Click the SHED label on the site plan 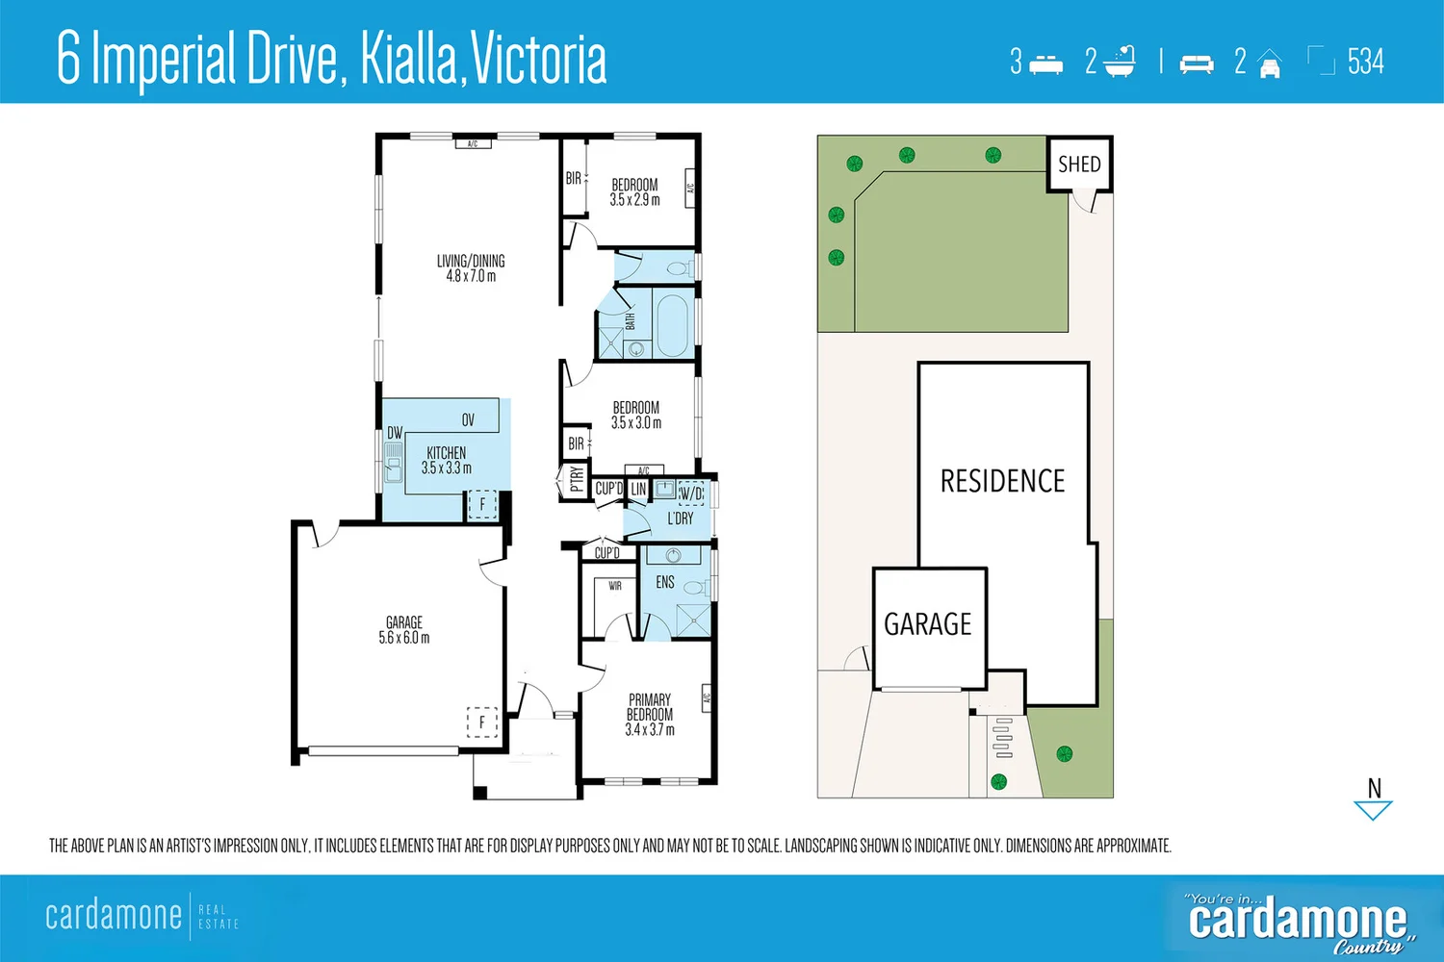pyautogui.click(x=1079, y=165)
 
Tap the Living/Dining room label pyautogui.click(x=471, y=268)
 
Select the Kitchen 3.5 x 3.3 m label pyautogui.click(x=447, y=460)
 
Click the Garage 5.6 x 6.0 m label pyautogui.click(x=404, y=630)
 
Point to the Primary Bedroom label pyautogui.click(x=650, y=714)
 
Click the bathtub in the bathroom pyautogui.click(x=671, y=322)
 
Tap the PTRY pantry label pyautogui.click(x=576, y=478)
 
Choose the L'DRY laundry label pyautogui.click(x=681, y=519)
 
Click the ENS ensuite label pyautogui.click(x=665, y=583)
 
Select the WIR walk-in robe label pyautogui.click(x=614, y=586)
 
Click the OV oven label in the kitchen pyautogui.click(x=468, y=419)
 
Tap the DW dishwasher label pyautogui.click(x=395, y=433)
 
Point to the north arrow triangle pyautogui.click(x=1373, y=809)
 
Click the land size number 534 pyautogui.click(x=1365, y=63)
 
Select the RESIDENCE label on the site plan pyautogui.click(x=1002, y=481)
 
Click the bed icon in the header pyautogui.click(x=1045, y=64)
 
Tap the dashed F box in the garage pyautogui.click(x=482, y=721)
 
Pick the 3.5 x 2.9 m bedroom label pyautogui.click(x=634, y=192)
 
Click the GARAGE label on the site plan pyautogui.click(x=928, y=624)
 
